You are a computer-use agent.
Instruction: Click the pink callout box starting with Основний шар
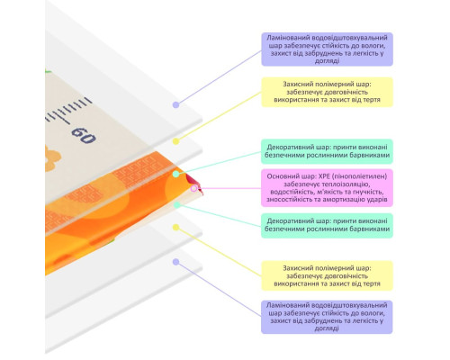coord(327,188)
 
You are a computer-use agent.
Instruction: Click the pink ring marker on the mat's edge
coord(193,188)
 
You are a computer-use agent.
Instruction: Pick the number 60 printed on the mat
coord(84,135)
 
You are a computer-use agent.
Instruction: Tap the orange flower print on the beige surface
coord(52,158)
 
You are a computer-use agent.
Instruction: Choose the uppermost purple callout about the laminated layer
coord(327,49)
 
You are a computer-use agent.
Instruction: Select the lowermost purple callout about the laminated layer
coord(327,317)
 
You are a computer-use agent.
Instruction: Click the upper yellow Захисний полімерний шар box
coord(327,92)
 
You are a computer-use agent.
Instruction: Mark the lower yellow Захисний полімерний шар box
coord(327,275)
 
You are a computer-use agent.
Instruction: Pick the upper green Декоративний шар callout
coord(327,151)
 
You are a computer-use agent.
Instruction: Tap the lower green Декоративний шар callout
coord(327,225)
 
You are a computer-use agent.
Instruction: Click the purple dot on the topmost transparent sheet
coord(175,104)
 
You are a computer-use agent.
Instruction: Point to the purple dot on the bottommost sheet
coord(175,262)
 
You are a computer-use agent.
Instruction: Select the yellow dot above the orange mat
coord(175,141)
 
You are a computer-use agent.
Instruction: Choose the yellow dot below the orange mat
coord(175,228)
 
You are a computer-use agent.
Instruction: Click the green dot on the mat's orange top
coord(176,174)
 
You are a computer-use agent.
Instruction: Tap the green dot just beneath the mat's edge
coord(177,205)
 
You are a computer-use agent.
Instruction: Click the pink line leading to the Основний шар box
coord(229,188)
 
